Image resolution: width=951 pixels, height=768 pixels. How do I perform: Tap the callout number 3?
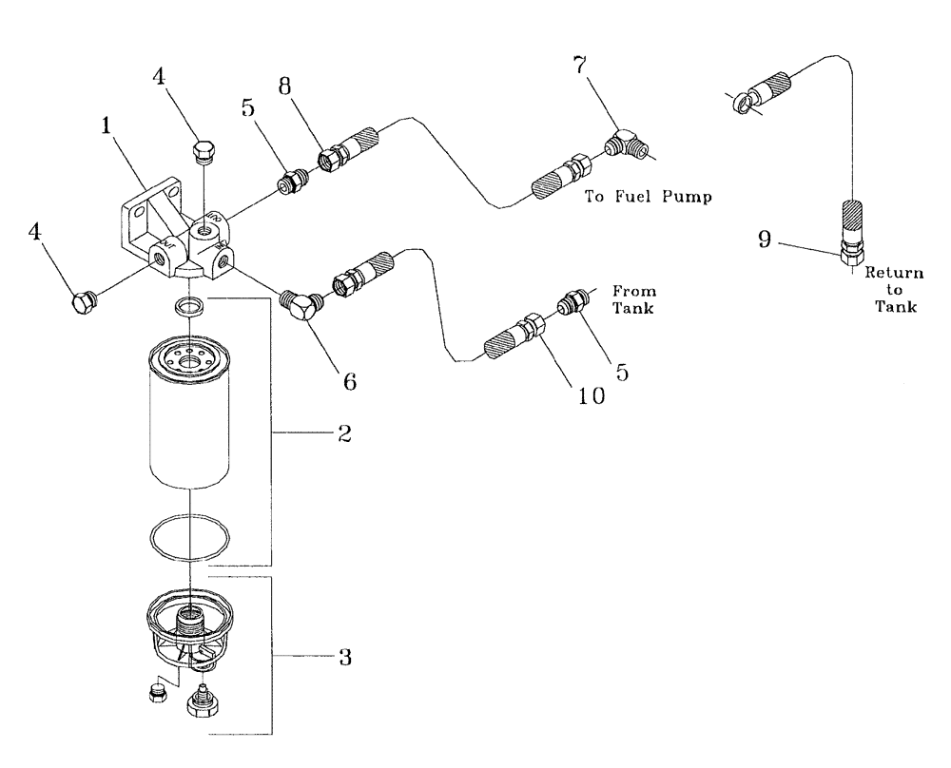coord(345,657)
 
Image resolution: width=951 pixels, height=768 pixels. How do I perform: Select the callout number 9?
coord(764,240)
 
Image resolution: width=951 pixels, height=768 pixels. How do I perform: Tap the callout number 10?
coord(591,396)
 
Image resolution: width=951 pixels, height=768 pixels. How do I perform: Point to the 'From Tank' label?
coord(633,300)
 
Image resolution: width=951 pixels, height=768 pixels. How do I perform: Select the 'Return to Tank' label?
coord(893,290)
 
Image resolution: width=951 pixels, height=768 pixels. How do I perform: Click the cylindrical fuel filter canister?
coord(190,418)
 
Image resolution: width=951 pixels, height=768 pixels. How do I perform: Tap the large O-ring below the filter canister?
coord(190,538)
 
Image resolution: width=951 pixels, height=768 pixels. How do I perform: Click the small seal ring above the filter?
coord(190,306)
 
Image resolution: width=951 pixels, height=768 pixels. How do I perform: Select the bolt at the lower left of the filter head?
coord(84,302)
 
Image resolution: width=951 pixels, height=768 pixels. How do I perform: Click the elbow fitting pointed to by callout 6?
coord(304,307)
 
